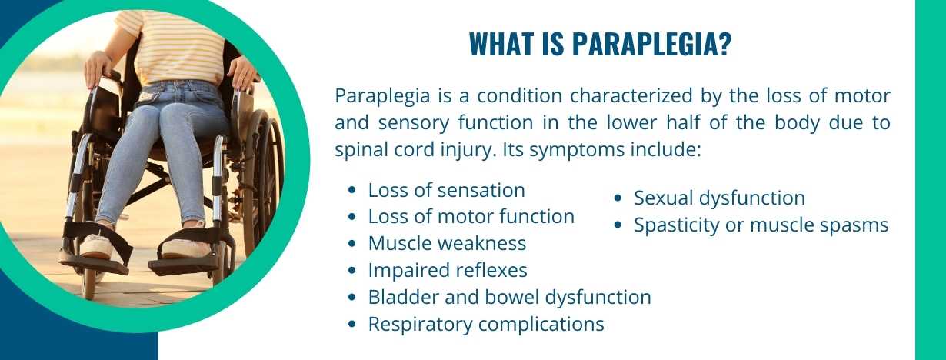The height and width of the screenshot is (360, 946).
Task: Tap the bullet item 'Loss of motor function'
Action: pyautogui.click(x=471, y=217)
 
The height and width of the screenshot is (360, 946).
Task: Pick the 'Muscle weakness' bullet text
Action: pyautogui.click(x=447, y=244)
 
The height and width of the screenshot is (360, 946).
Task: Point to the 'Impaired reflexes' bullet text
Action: pyautogui.click(x=448, y=271)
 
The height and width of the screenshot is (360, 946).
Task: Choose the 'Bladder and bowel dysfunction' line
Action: pyautogui.click(x=509, y=297)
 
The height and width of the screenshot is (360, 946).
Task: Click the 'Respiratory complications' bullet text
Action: pyautogui.click(x=486, y=324)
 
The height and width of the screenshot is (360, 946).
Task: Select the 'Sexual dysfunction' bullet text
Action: pyautogui.click(x=719, y=198)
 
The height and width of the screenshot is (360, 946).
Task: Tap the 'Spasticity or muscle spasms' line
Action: pyautogui.click(x=761, y=225)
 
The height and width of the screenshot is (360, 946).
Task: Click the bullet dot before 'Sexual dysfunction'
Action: pyautogui.click(x=618, y=198)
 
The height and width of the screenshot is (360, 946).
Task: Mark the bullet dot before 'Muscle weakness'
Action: pyautogui.click(x=352, y=245)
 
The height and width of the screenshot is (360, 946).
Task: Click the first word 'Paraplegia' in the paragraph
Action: pyautogui.click(x=375, y=97)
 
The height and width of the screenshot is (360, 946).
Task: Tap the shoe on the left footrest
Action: pyautogui.click(x=95, y=246)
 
